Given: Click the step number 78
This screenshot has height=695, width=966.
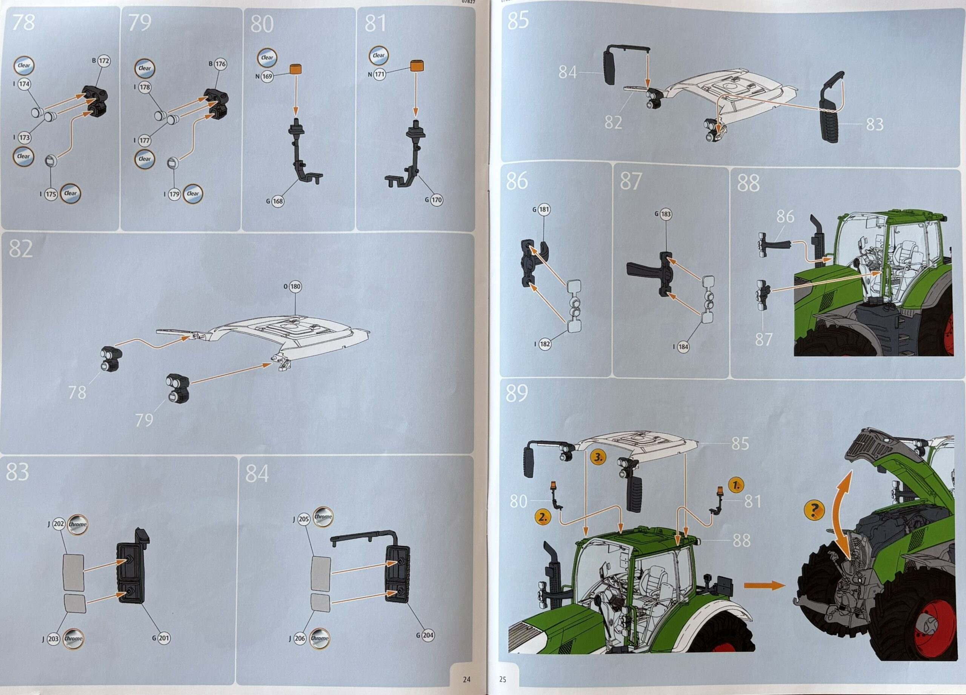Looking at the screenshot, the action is [23, 23].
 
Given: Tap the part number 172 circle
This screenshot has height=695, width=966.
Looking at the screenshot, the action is [103, 61].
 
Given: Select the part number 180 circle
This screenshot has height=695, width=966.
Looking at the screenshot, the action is [295, 287].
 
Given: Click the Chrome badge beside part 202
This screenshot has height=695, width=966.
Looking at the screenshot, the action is [77, 524].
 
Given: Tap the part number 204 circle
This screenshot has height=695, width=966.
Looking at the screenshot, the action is [428, 635].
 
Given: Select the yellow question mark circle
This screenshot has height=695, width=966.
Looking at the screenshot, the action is [814, 510].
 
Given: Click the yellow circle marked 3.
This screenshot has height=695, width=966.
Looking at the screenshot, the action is [598, 458].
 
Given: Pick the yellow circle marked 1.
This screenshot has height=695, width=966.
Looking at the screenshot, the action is [737, 486].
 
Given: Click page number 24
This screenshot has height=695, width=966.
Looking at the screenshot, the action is [466, 679].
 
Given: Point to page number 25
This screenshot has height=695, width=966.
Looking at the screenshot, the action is [503, 679].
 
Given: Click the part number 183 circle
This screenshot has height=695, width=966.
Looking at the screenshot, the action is [665, 214].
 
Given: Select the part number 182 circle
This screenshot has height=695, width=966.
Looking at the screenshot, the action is [545, 344].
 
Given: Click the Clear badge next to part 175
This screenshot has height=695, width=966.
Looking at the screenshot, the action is [70, 193].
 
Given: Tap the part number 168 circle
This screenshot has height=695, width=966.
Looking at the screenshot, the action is [278, 201].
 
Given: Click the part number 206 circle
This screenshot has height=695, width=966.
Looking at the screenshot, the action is [300, 638].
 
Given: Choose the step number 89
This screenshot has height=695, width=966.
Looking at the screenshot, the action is [517, 393].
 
